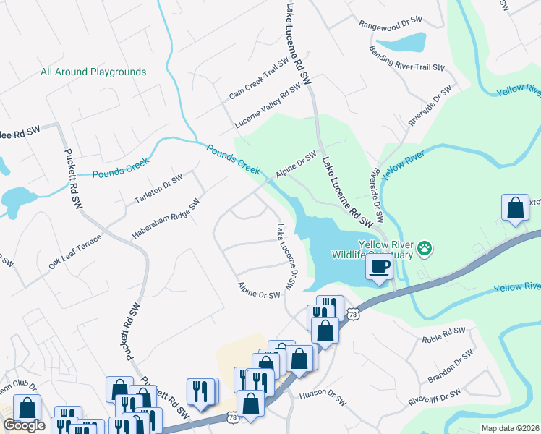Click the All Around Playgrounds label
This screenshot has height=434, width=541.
point(93,72)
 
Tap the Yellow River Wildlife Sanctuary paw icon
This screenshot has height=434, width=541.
point(425,249)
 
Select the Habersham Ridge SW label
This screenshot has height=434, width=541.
point(165,220)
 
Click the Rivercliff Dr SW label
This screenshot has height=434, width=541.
point(434,396)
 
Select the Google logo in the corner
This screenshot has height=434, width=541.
point(24,425)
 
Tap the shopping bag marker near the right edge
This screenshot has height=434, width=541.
point(514,208)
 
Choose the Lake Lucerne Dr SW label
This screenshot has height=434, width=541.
point(286,257)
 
